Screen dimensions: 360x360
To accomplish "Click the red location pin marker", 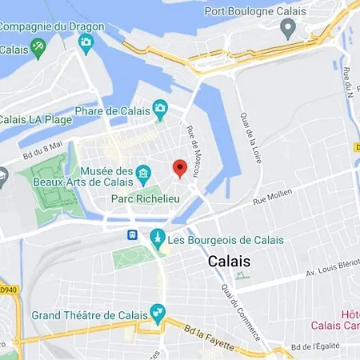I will coord(180,168).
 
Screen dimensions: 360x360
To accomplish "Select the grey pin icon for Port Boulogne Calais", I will coord(288,29).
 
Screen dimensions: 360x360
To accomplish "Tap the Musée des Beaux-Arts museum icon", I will coord(143,172).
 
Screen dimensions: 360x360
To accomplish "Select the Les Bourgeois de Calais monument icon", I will coord(158,238).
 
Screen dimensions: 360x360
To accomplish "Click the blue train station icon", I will coord(132,235).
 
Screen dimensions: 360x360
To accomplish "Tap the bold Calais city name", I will coord(229,262).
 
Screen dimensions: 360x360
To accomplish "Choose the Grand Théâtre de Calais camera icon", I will coord(158,310).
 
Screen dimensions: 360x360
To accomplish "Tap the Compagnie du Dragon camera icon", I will coord(86,42).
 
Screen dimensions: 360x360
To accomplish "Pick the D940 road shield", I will coord(6,288).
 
